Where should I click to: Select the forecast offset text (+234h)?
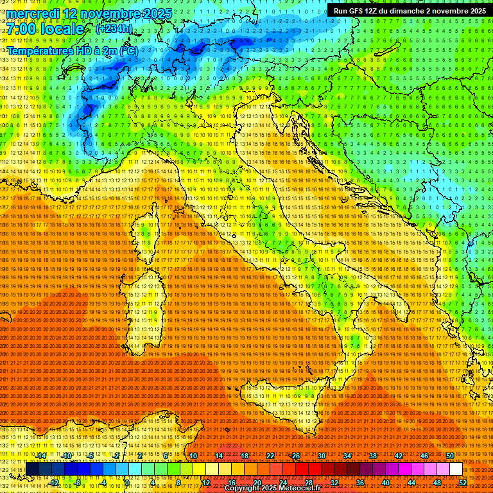[x=114, y=29]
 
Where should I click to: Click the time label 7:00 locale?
[x=45, y=30]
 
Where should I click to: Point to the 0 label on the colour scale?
[x=127, y=482]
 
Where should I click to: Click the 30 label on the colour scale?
[x=321, y=455]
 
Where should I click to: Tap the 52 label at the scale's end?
[x=463, y=482]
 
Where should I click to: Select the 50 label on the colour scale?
[x=450, y=455]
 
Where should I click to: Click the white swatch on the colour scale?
[x=456, y=469]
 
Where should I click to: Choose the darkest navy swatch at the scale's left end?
[x=32, y=469]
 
